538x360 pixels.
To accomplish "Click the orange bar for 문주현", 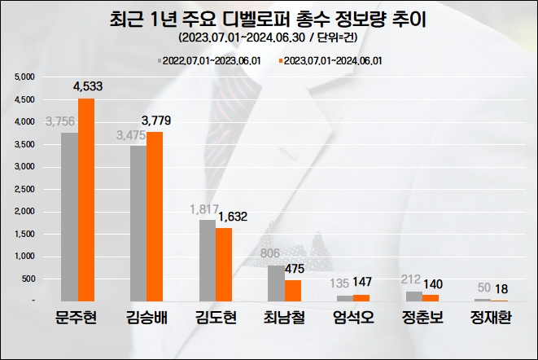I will pos(85,200).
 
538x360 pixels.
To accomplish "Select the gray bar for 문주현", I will pos(70,217).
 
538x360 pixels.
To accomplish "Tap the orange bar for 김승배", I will pos(155,217).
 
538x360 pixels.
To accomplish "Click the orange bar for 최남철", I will pos(292,291).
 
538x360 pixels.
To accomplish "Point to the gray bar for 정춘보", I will pos(414,296).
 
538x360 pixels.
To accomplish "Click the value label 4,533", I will pos(89,87).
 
